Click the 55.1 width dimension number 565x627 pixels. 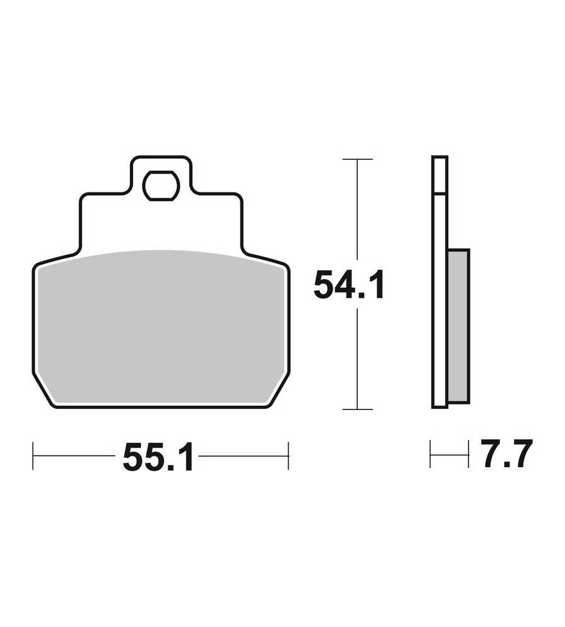pyautogui.click(x=158, y=456)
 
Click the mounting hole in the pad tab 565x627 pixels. pyautogui.click(x=161, y=186)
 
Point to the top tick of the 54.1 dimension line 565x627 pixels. pyautogui.click(x=358, y=159)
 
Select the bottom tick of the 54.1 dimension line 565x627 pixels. pyautogui.click(x=358, y=409)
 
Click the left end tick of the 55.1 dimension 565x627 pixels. pyautogui.click(x=33, y=456)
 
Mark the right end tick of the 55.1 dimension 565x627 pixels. pyautogui.click(x=288, y=456)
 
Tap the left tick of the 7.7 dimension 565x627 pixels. pyautogui.click(x=431, y=454)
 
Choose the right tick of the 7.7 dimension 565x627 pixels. pyautogui.click(x=468, y=454)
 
